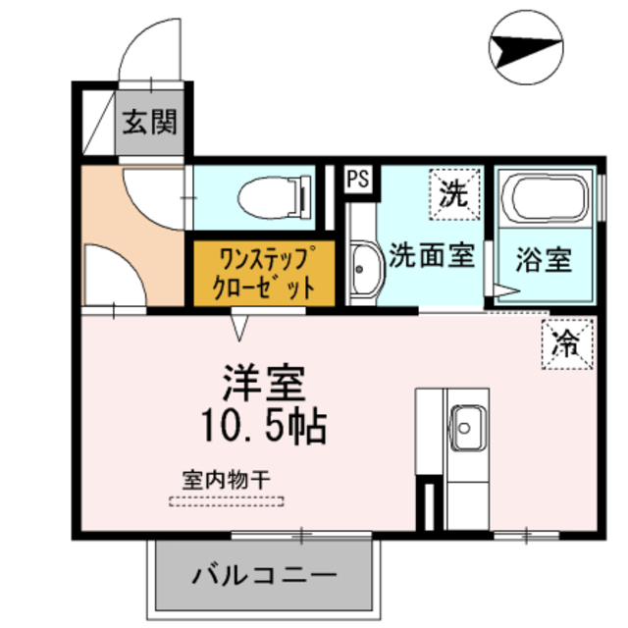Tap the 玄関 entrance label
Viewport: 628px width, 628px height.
click(149, 122)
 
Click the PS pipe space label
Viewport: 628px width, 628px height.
click(358, 180)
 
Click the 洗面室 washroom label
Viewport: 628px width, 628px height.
click(432, 256)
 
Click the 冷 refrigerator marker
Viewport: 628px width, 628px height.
click(567, 342)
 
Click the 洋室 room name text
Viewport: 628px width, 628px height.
click(264, 382)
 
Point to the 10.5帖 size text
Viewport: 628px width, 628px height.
click(264, 424)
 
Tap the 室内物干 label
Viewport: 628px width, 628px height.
click(227, 481)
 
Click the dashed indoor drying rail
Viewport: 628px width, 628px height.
click(227, 501)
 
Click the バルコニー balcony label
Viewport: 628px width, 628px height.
click(264, 572)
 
